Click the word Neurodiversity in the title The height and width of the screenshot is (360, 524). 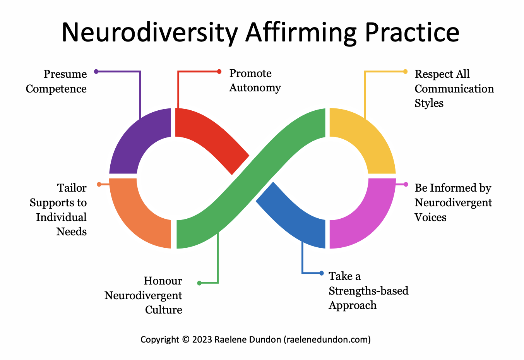pos(149,33)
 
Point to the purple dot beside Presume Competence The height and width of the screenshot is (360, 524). pos(96,71)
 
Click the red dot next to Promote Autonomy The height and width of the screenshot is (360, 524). pos(219,71)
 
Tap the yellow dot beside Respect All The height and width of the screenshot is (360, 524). pos(405,71)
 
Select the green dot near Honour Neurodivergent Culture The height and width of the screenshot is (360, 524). pos(199,283)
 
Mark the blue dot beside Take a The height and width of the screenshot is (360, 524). pos(321,273)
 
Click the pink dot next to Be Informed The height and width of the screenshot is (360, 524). pos(406,184)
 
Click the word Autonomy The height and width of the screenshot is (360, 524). pos(255,88)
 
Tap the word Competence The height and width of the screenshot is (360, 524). pos(56,89)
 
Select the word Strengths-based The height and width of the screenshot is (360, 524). pos(368,291)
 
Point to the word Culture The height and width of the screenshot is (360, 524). pos(163,310)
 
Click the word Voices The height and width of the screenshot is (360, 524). pos(430,217)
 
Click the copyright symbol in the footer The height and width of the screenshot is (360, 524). pos(185,340)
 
